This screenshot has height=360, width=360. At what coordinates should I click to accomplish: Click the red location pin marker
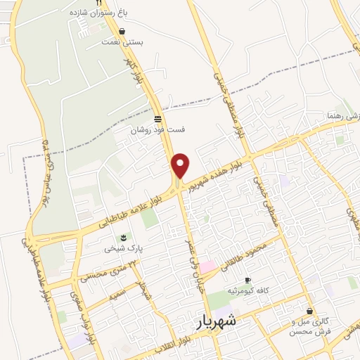click(181, 165)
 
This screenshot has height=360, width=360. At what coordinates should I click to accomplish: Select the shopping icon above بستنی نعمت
click(123, 32)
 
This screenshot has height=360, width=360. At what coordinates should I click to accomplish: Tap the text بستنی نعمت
click(129, 42)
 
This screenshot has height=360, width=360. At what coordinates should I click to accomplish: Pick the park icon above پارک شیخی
click(123, 237)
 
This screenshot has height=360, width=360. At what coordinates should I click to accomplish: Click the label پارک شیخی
click(119, 248)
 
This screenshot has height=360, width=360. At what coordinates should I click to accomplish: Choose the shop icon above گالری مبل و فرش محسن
click(309, 311)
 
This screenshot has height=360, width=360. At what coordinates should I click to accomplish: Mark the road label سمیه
click(117, 289)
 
